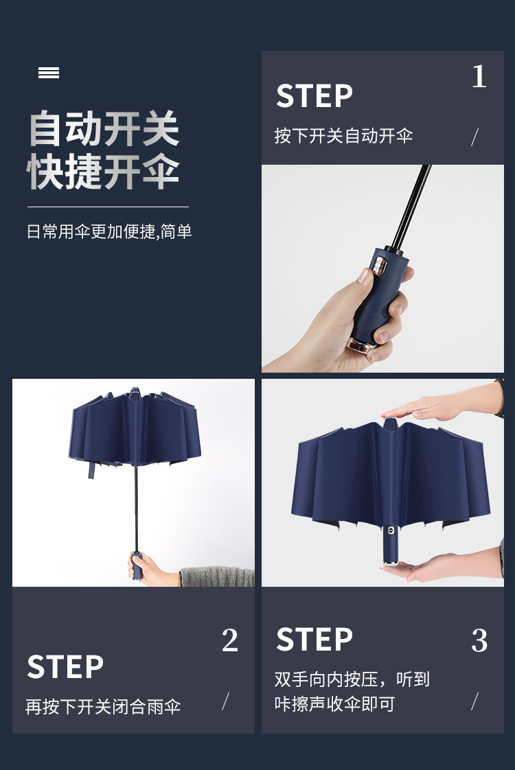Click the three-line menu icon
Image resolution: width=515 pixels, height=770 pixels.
coord(49,73)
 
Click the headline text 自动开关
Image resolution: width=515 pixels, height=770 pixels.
coord(104,130)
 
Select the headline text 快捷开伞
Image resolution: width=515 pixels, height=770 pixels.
coord(104,172)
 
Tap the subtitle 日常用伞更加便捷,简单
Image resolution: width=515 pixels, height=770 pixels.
coord(109,231)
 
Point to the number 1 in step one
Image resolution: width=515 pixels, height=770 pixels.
coord(479,77)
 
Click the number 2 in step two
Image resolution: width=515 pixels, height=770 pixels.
coord(230,641)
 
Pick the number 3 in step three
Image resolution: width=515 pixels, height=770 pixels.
coord(479,641)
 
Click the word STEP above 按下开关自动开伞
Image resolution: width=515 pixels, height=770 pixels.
coord(314,96)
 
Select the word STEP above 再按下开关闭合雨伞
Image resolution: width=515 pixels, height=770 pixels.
coord(65,667)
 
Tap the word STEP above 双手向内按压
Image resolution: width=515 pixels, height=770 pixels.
coord(314,640)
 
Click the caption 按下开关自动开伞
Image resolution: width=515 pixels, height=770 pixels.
coord(343,135)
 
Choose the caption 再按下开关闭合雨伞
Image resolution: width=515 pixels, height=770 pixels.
coord(103,707)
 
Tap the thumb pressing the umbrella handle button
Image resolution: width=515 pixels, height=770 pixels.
coord(368,276)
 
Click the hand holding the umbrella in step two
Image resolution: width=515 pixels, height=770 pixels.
coord(141,569)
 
